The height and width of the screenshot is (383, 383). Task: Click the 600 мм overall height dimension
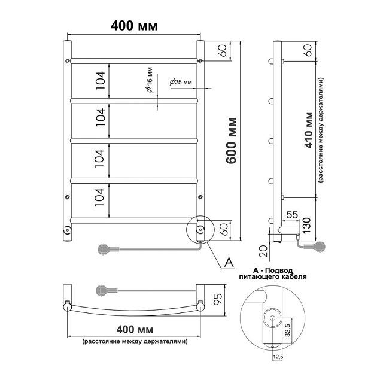coord(231,141)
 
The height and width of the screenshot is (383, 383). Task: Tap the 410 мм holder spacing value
coord(309,130)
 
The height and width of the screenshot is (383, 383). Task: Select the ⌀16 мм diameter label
coord(150,80)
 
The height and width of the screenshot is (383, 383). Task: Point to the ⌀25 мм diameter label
coord(181,82)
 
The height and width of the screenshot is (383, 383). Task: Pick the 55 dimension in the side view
coord(292,215)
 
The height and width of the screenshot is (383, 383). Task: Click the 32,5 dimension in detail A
coord(288,330)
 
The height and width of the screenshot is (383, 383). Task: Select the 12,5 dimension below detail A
coord(278,357)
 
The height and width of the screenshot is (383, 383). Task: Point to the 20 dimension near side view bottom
coord(263,251)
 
